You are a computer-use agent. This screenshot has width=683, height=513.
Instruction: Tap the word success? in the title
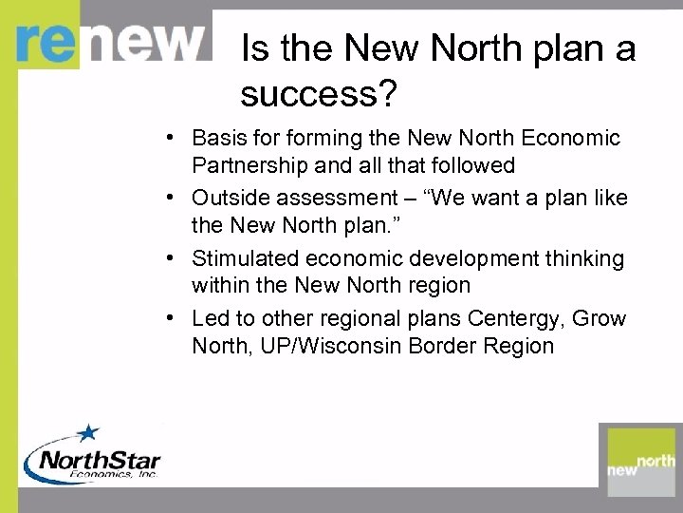pos(317,93)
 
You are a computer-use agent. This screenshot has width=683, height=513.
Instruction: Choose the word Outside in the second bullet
pos(229,198)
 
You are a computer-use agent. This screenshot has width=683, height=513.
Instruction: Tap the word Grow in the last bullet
pos(600,318)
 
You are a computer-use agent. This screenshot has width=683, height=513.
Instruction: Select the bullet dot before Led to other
pos(167,318)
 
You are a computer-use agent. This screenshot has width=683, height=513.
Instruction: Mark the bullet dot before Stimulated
pos(167,257)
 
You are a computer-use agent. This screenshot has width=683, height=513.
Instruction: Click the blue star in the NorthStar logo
pos(87,434)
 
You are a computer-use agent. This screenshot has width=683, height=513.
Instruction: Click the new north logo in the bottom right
pos(641,462)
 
